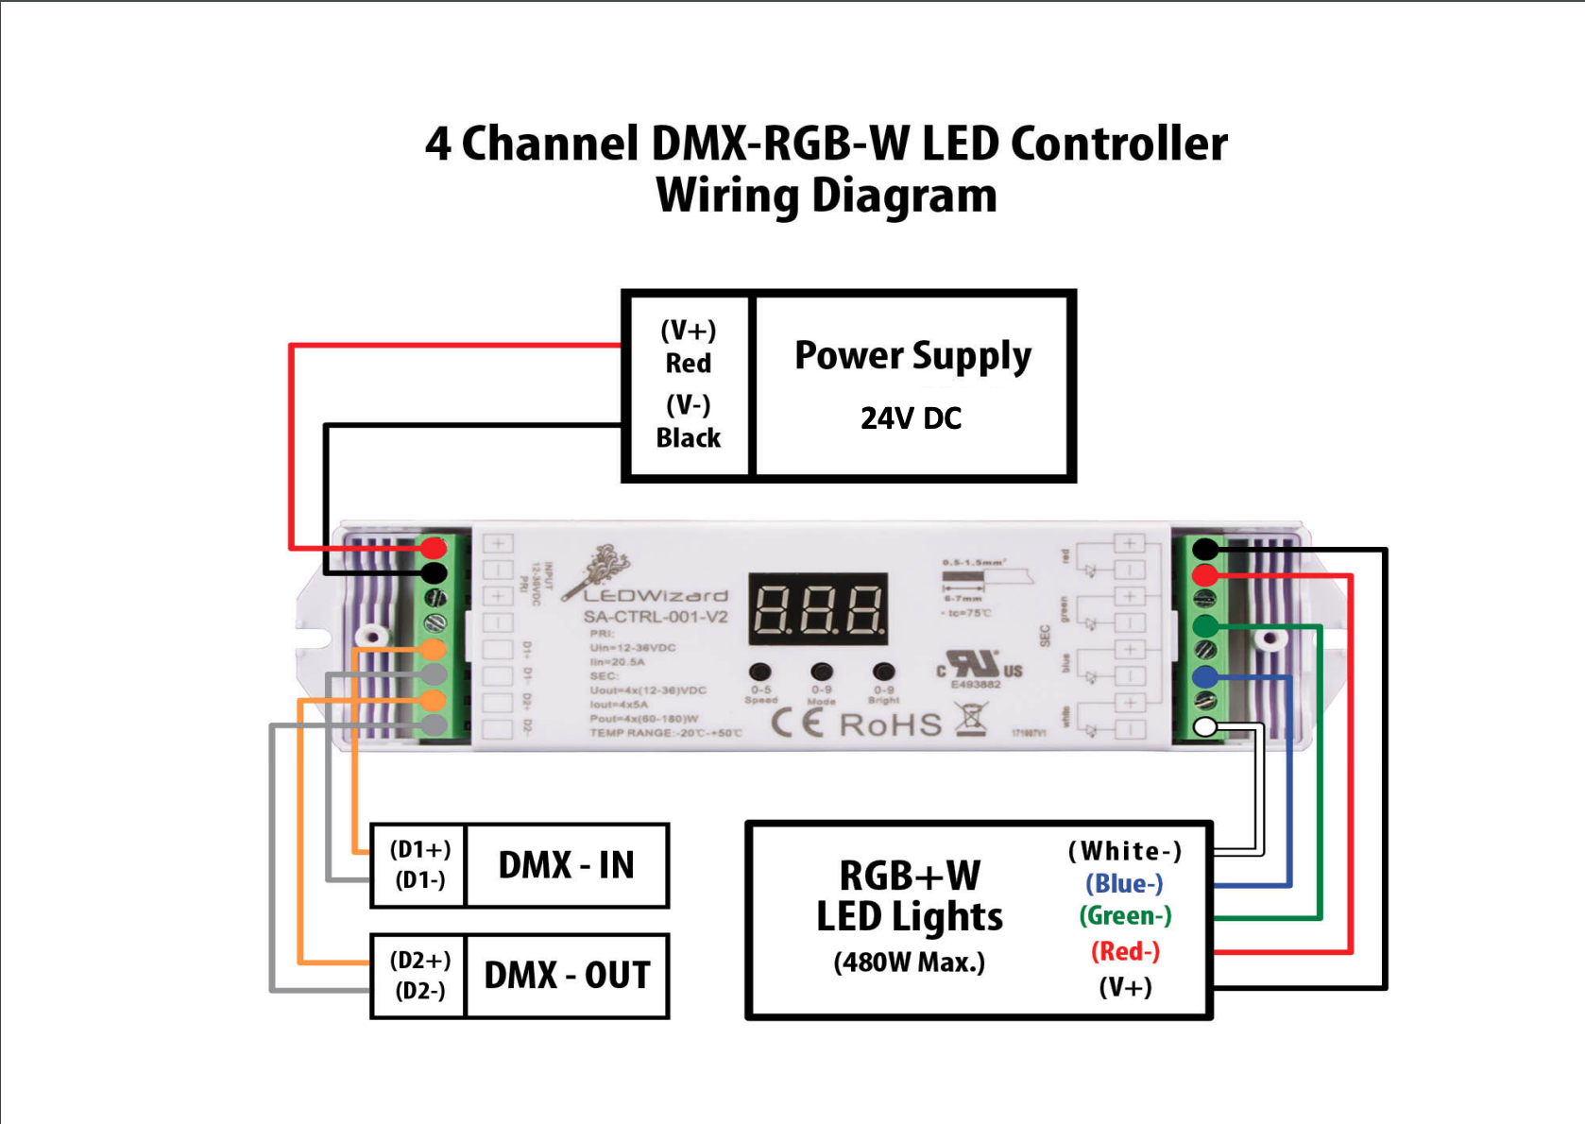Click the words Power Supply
(912, 356)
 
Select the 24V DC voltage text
(911, 418)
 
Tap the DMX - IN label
(566, 865)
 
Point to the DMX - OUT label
(567, 976)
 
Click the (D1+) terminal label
(420, 849)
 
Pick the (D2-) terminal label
(420, 991)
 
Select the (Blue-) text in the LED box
(1124, 884)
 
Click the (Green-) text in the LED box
(1125, 916)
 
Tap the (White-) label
(1125, 851)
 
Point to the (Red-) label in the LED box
(1125, 951)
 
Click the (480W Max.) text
(909, 962)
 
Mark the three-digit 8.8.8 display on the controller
(818, 609)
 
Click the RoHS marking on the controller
(890, 725)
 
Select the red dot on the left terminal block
(434, 548)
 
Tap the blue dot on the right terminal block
(1205, 676)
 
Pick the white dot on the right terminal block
(1205, 726)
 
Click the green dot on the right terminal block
(1205, 625)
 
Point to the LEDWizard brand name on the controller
(656, 596)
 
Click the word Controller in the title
(1118, 145)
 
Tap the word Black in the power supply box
(688, 438)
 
